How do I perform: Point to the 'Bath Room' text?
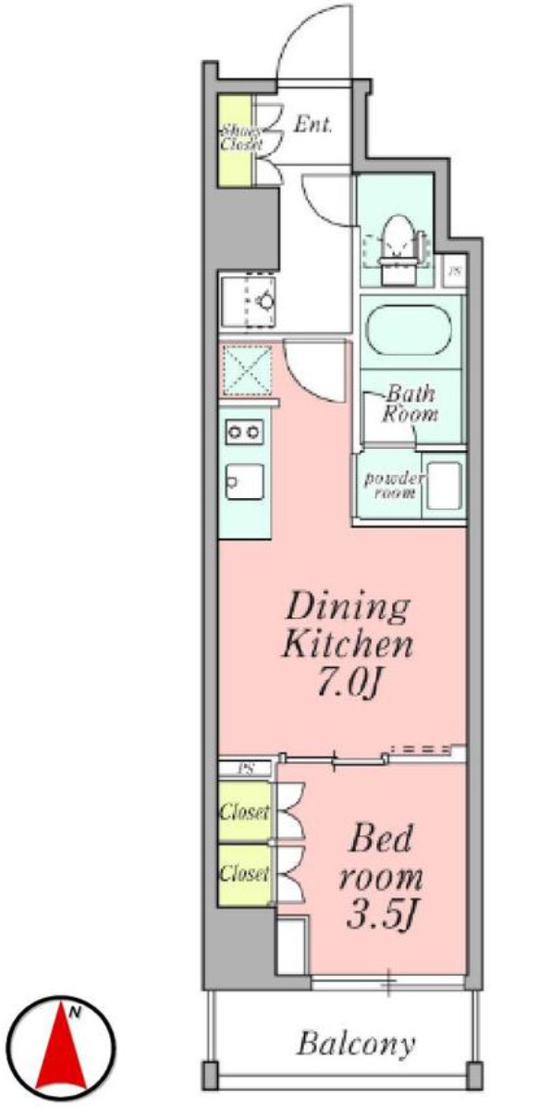[x=410, y=404]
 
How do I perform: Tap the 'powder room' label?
[x=392, y=485]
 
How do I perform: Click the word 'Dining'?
[x=347, y=607]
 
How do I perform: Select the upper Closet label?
[x=243, y=813]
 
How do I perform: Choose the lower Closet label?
[x=243, y=872]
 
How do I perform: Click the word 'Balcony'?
[x=355, y=1045]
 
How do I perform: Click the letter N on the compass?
[x=81, y=1013]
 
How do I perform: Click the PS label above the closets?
[x=246, y=768]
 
